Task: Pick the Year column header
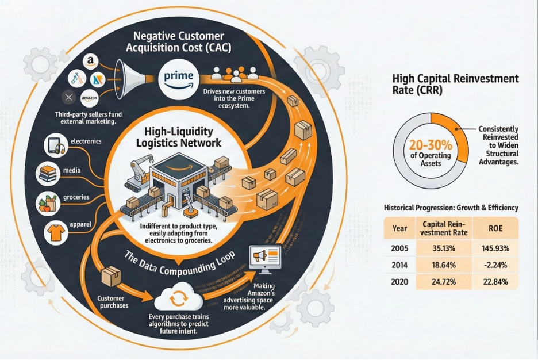(x=399, y=228)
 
